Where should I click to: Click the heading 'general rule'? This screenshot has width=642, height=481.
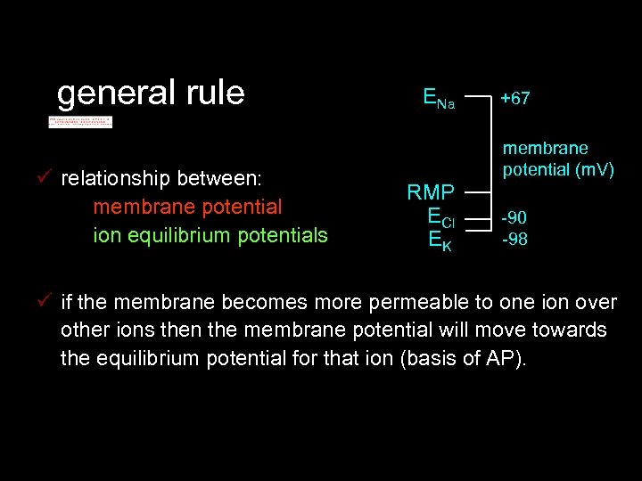(150, 93)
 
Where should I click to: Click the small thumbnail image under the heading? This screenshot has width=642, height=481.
(80, 121)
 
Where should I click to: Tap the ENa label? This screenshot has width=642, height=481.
(438, 99)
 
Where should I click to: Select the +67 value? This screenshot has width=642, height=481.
(514, 99)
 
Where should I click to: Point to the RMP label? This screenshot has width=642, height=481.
(431, 192)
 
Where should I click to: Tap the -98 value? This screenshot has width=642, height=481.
(514, 239)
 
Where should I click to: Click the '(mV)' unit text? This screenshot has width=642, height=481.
(593, 168)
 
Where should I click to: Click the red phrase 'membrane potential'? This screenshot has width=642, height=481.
(186, 207)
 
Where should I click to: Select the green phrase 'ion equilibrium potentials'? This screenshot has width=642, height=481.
(210, 235)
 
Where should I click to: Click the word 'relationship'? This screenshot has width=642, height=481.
(115, 178)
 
